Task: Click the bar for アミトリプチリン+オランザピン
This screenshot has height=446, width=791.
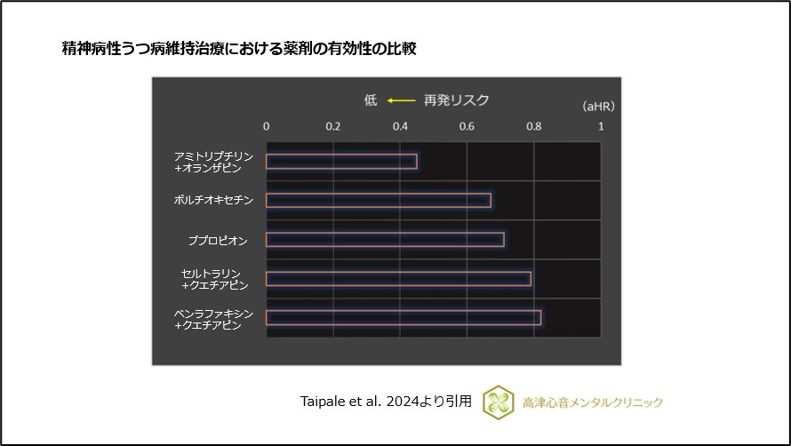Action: point(341,162)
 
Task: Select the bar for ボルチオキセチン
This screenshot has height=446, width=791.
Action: point(378,200)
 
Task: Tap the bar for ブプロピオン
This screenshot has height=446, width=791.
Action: point(385,240)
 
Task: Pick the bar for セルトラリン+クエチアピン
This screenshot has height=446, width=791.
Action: point(398,279)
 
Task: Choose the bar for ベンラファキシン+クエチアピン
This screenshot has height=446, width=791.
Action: point(403,318)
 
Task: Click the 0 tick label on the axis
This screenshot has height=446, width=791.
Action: point(267,126)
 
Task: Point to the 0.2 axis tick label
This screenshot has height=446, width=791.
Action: point(333,126)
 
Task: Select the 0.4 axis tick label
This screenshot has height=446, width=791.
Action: point(400,126)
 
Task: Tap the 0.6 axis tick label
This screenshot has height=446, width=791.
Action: point(467,126)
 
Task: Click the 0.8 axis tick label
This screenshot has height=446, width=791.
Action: point(534,126)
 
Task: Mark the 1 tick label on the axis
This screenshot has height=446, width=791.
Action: point(601,126)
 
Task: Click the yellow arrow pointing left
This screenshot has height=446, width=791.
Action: point(401,100)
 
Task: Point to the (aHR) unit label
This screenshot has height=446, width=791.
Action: point(598,106)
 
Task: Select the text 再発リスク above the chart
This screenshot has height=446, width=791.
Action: point(457,100)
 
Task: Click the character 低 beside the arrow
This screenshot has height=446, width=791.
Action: point(371,100)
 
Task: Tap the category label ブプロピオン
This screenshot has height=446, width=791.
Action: point(217,240)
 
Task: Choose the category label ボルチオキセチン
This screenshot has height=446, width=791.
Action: point(213,200)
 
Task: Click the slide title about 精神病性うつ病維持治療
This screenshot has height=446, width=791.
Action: point(239,48)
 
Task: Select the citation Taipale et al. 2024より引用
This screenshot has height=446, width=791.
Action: point(386,402)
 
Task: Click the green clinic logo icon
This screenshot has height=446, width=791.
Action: point(498,402)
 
